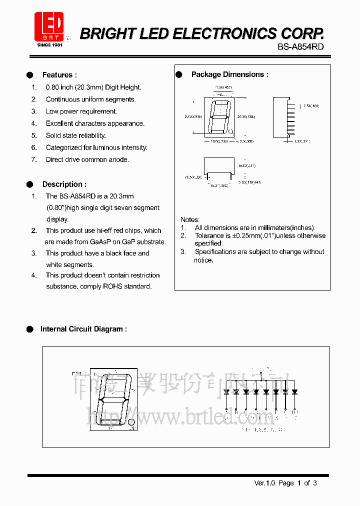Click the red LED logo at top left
click(48, 27)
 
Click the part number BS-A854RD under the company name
click(300, 46)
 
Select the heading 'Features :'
click(59, 75)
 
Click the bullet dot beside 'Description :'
click(29, 184)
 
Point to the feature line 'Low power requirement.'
click(81, 111)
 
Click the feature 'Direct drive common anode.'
click(87, 160)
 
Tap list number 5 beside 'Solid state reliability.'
click(34, 135)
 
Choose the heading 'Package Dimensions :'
click(229, 74)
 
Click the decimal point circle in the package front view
click(231, 132)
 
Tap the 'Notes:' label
click(190, 219)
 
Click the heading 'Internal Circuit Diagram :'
click(83, 329)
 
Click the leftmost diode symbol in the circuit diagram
click(226, 391)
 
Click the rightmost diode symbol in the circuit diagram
click(294, 391)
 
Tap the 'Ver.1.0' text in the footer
click(264, 483)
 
